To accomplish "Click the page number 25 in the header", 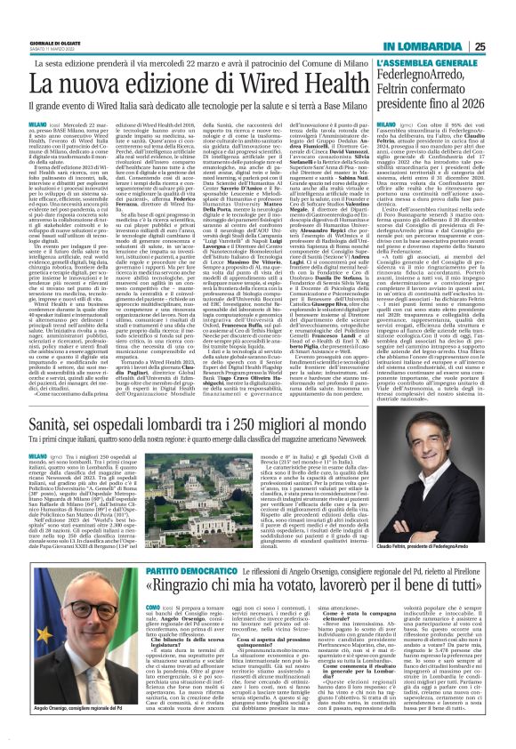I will (x=504, y=22).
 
